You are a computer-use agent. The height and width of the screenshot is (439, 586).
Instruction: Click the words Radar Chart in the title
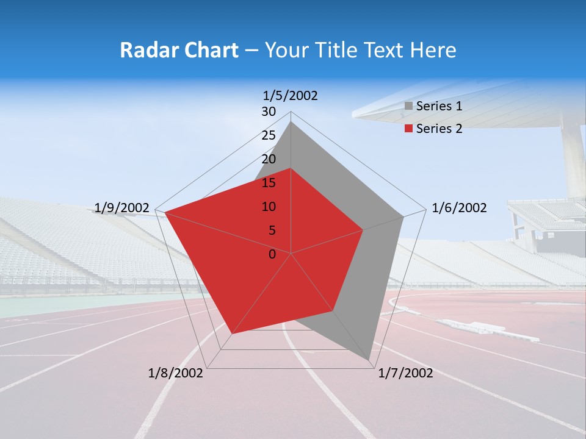[x=179, y=50]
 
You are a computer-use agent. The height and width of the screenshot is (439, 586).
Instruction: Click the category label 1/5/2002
[x=291, y=95]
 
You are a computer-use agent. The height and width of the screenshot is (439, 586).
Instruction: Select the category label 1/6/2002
[x=459, y=208]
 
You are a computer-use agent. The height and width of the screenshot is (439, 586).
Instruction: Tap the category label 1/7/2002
[x=406, y=373]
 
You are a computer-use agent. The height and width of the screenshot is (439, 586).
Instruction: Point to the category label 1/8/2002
[x=176, y=373]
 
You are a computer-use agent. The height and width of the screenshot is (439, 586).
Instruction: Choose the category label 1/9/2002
[x=122, y=208]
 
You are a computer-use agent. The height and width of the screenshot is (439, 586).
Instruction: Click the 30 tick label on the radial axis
[x=269, y=112]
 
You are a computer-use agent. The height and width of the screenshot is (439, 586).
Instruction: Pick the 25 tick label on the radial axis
[x=269, y=135]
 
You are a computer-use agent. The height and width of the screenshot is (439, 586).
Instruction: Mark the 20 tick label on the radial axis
[x=269, y=159]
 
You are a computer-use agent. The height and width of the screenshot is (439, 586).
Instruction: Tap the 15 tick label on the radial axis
[x=269, y=183]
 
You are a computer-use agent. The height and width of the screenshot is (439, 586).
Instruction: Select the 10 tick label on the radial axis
[x=269, y=207]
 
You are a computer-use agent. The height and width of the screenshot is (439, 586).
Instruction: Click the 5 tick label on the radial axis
[x=272, y=230]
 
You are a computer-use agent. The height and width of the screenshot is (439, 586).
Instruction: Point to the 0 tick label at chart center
[x=272, y=254]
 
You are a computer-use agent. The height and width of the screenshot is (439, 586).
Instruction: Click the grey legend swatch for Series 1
[x=409, y=106]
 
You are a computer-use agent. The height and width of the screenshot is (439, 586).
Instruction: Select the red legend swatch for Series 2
[x=409, y=129]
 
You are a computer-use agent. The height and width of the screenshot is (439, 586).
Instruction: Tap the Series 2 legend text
[x=439, y=129]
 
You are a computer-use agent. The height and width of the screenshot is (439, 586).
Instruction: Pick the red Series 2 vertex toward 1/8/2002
[x=232, y=334]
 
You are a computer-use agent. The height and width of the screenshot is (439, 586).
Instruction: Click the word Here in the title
[x=433, y=50]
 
